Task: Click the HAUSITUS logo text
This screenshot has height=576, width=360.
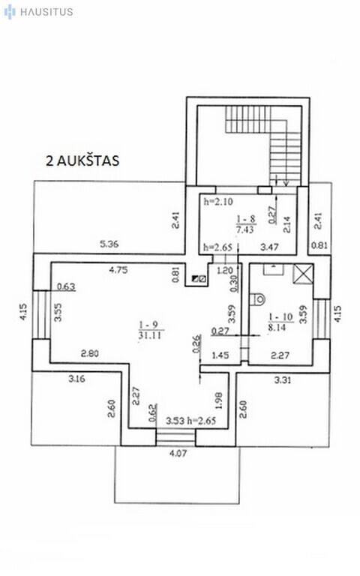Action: tap(46, 12)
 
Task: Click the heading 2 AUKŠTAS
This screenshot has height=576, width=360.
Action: tap(82, 160)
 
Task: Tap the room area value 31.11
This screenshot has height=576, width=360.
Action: tap(151, 335)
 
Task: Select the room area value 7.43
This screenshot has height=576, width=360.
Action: tap(246, 230)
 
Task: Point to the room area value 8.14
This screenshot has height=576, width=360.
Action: tap(276, 327)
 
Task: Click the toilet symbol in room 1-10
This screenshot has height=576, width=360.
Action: tap(257, 299)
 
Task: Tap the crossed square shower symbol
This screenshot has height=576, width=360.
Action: tap(303, 274)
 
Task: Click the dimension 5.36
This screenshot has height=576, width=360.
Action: tap(109, 244)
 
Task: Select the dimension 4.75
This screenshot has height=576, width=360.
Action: tap(118, 270)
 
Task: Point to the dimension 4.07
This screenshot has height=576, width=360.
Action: tap(178, 453)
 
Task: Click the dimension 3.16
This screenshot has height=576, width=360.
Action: tap(76, 378)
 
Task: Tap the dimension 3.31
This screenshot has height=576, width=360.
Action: tap(283, 379)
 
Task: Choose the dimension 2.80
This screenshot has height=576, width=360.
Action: tap(90, 354)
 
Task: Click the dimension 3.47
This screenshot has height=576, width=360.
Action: tap(269, 247)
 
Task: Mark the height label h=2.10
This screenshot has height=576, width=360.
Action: tap(218, 201)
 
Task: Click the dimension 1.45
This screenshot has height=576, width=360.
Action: tap(220, 355)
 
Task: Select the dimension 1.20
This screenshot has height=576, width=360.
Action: tap(225, 271)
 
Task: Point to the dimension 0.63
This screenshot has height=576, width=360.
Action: tap(66, 286)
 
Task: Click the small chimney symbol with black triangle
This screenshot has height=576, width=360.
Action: tap(199, 279)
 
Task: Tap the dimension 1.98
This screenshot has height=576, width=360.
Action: tap(218, 400)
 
